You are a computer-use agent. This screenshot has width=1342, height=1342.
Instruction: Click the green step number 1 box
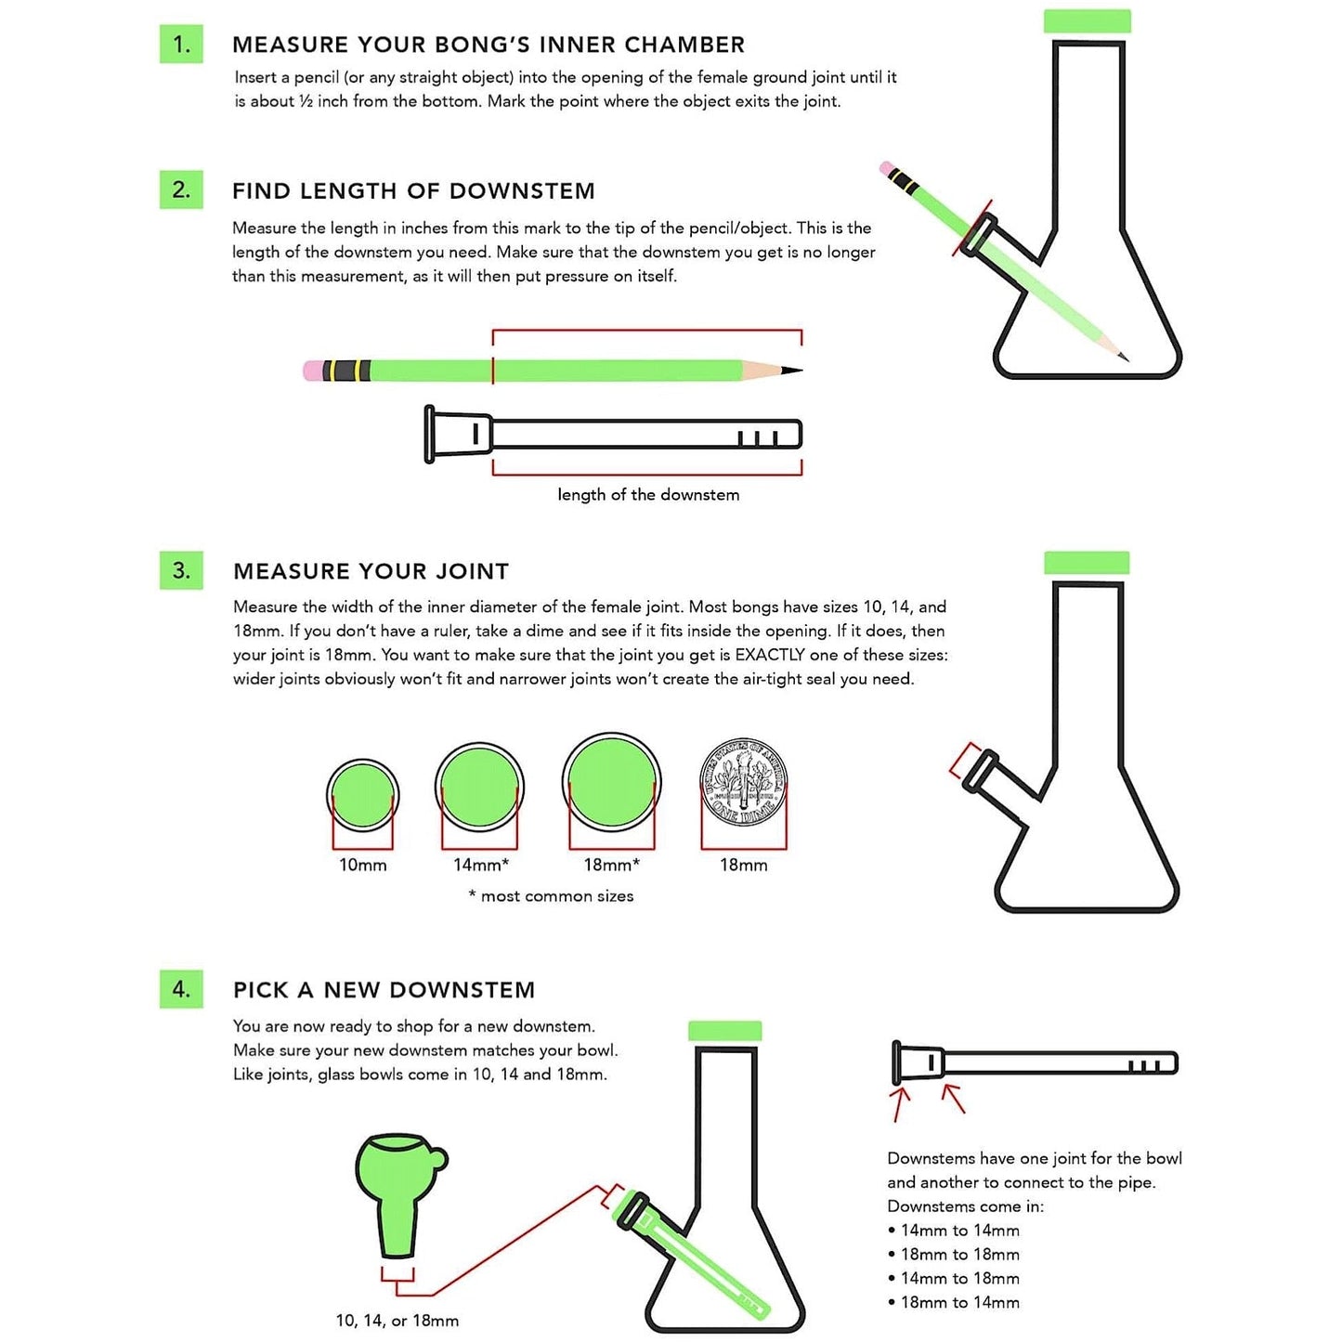181,44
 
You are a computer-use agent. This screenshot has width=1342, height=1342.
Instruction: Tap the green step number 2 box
181,189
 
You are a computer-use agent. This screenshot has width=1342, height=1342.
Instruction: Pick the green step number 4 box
181,988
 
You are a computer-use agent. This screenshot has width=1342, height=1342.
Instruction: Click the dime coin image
743,782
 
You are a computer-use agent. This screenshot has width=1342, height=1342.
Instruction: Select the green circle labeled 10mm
362,794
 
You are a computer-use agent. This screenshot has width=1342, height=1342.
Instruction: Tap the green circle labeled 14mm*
479,787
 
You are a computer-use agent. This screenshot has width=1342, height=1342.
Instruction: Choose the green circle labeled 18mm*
611,781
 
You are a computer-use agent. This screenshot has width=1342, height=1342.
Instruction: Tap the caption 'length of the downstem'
648,495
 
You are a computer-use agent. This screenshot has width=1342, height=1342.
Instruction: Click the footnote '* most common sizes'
552,896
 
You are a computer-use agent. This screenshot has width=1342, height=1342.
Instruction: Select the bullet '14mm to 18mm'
959,1279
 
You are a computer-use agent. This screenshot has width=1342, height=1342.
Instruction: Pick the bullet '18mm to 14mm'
959,1303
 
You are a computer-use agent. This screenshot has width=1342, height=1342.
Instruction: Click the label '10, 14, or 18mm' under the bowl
397,1321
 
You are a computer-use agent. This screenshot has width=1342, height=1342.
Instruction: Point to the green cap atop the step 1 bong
1087,21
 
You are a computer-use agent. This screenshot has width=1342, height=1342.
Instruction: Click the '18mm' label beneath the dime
743,865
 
